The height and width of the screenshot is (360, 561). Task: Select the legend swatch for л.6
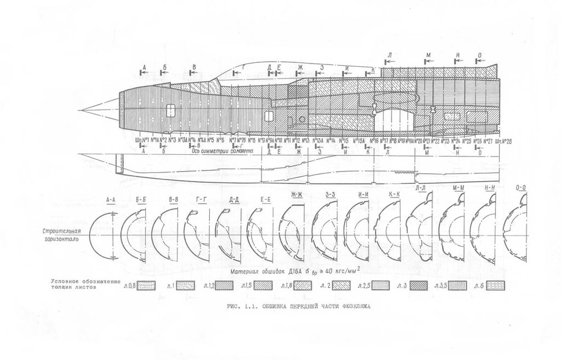(x=495, y=285)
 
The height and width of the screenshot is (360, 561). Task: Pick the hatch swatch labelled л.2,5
(x=379, y=285)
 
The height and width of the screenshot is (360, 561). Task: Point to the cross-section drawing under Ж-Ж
(x=292, y=231)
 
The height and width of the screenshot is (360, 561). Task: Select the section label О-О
(x=522, y=188)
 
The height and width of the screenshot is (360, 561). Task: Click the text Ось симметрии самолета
(x=223, y=151)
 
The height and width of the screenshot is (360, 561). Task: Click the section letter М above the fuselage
(x=429, y=54)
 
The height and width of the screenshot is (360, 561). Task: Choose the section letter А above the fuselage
(x=145, y=67)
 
